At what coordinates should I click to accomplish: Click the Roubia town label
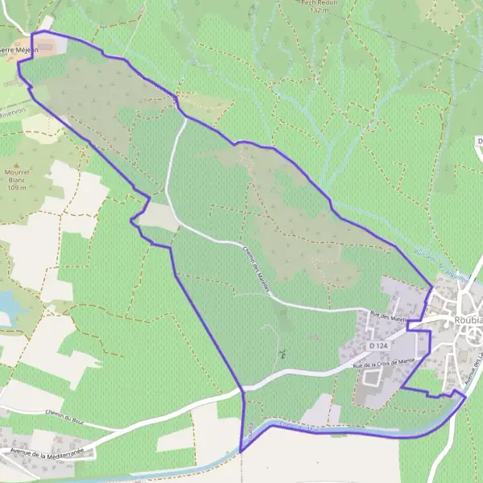468,316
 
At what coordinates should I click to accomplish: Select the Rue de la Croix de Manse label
383,363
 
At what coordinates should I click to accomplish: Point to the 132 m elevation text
320,10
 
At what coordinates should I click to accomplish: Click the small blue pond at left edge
6,303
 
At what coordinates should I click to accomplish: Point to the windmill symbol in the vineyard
283,353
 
